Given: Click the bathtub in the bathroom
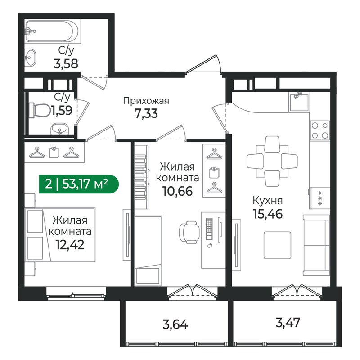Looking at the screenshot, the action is point(53,31).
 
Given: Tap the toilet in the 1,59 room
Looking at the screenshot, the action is point(40,110).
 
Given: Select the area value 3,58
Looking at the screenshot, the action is point(66,63).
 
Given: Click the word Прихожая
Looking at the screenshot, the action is point(146,101).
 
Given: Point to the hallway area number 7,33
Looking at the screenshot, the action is point(146,113).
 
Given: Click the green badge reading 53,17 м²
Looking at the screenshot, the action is point(79,184).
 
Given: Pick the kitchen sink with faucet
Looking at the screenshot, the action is point(299,102).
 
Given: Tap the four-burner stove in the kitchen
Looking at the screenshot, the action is point(319,130).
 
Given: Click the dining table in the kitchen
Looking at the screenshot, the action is point(272,161).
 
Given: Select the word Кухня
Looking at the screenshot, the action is point(268,201).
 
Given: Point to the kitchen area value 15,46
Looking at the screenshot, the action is point(268,214).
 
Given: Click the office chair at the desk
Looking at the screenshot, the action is point(189,232).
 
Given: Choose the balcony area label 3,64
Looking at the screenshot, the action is point(175,325).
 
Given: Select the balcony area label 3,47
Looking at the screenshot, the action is point(288,323).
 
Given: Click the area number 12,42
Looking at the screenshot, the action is point(70,245).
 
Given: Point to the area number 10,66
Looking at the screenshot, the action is point(177,191).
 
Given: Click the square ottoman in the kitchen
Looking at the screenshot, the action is point(277,245).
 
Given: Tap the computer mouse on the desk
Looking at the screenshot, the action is point(209,246).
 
